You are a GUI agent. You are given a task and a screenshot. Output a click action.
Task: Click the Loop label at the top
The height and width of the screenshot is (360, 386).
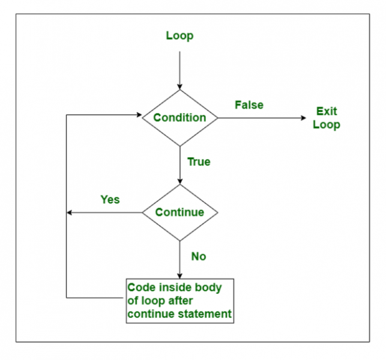click(x=179, y=36)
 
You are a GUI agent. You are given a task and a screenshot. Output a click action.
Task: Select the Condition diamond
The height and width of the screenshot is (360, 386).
click(x=179, y=118)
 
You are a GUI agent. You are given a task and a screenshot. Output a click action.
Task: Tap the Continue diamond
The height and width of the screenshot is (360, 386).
click(x=179, y=212)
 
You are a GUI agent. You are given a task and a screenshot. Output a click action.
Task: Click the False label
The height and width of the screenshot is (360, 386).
click(x=249, y=105)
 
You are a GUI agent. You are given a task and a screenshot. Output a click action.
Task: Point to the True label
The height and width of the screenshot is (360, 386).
click(x=199, y=162)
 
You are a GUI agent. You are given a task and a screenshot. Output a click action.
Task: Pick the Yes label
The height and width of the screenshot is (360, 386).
click(x=110, y=200)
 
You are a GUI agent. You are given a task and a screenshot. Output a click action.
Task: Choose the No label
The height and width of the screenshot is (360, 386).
click(x=198, y=257)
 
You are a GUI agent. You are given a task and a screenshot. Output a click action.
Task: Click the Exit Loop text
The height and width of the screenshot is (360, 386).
click(x=327, y=118)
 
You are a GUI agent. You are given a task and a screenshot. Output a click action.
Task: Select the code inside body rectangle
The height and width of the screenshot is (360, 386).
click(x=179, y=301)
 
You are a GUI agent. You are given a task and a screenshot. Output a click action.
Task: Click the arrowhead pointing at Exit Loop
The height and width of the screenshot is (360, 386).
click(x=303, y=118)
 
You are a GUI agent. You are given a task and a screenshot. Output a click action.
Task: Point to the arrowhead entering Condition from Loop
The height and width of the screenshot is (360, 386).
click(x=179, y=87)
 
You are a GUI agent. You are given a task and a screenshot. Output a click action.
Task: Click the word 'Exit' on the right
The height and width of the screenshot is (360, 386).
click(x=327, y=111)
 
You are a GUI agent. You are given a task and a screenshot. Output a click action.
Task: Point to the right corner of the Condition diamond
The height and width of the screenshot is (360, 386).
click(x=218, y=118)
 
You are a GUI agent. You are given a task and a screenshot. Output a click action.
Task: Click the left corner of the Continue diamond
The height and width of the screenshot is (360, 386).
click(x=142, y=212)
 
